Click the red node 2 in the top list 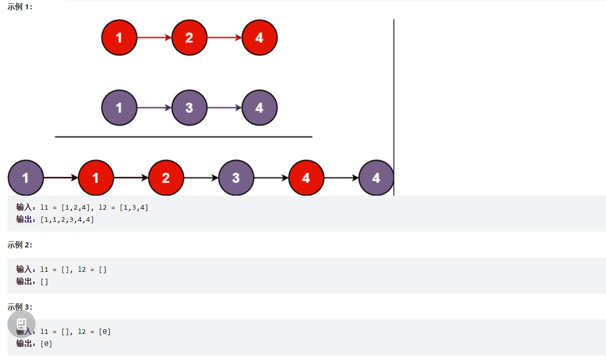tap(189, 37)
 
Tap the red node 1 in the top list tap(119, 37)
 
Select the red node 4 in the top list tap(259, 37)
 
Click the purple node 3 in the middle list tap(189, 108)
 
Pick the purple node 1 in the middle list tap(119, 108)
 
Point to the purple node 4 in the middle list tap(259, 108)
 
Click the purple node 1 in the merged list tap(26, 178)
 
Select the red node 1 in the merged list tap(96, 178)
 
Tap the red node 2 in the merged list tap(166, 178)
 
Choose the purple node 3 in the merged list tap(236, 178)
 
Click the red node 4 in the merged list tap(306, 178)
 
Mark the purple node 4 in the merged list tap(376, 178)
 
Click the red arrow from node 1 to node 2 tap(154, 37)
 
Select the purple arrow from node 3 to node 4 tap(224, 108)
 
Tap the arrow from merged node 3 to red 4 tap(271, 178)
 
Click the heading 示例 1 tap(20, 7)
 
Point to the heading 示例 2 tap(20, 245)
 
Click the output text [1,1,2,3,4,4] tap(67, 219)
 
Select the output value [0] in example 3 tap(46, 344)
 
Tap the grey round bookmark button tap(21, 324)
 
